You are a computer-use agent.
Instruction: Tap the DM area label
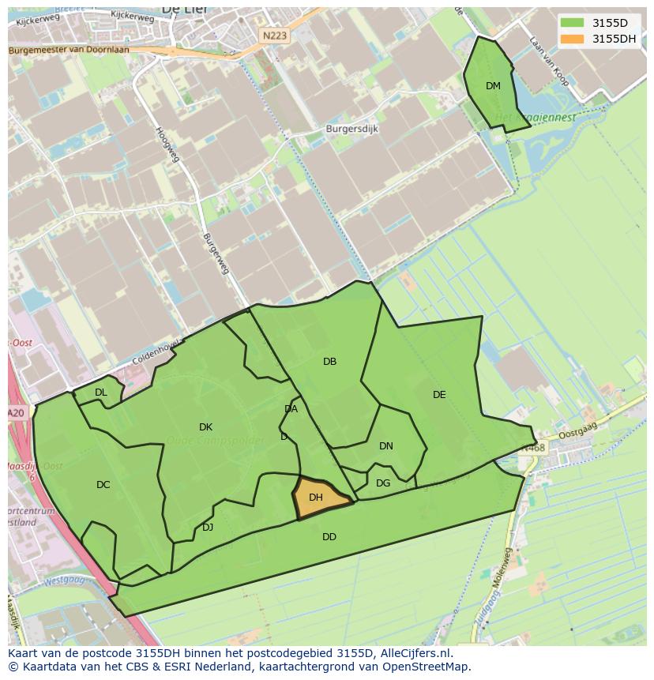(493, 86)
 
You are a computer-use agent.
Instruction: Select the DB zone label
(330, 362)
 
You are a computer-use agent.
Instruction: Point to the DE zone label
(439, 395)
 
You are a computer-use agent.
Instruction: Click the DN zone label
(386, 446)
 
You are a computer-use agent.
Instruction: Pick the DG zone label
(383, 483)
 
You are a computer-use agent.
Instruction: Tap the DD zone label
(329, 537)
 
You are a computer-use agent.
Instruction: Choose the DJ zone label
(208, 528)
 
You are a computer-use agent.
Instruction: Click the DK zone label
(206, 427)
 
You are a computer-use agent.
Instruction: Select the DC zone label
(103, 485)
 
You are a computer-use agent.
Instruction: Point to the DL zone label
(101, 393)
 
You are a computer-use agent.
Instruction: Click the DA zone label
(291, 409)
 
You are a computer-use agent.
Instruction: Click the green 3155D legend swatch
(573, 23)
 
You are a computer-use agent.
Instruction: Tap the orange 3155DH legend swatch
(573, 39)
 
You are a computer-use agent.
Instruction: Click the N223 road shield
(275, 36)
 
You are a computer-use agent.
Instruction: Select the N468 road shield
(533, 449)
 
